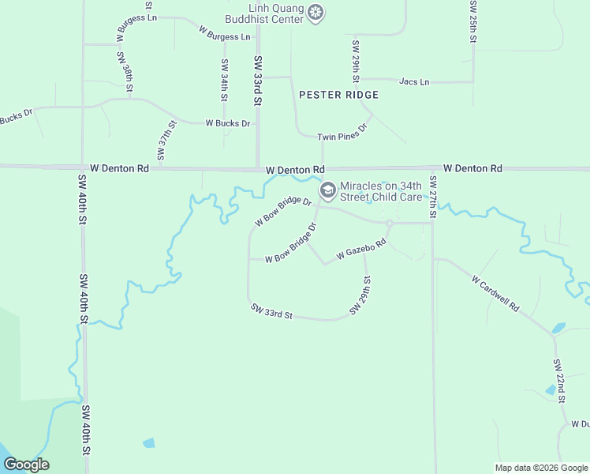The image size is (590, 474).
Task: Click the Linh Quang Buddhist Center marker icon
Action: point(316,13)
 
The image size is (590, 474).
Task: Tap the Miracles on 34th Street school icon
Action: point(327,190)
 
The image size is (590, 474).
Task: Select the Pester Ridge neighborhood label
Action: point(339,95)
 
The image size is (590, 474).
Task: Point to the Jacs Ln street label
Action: point(414,81)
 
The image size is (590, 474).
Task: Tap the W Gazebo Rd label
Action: point(360,250)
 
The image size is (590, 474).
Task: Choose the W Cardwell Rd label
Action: point(496,293)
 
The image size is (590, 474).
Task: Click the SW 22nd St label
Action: point(558,381)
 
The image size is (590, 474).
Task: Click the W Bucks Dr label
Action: point(228,123)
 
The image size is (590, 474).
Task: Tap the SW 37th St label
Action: point(164,142)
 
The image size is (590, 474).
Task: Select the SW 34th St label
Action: point(225,80)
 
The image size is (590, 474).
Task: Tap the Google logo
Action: point(26,465)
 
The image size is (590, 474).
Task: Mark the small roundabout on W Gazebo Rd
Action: point(390,223)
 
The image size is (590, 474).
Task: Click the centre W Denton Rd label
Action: point(295,170)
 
